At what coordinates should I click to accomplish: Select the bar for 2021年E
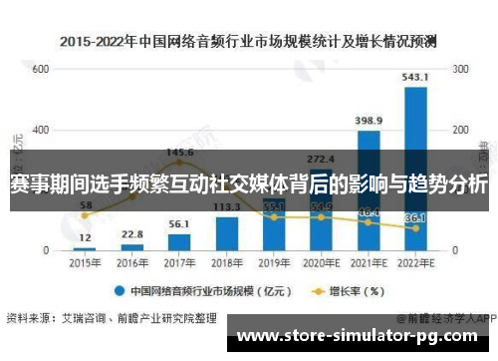(369, 189)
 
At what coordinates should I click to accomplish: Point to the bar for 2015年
(85, 247)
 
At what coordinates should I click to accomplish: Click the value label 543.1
(415, 76)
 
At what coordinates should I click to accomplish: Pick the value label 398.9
(369, 121)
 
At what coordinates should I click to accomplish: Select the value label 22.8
(132, 234)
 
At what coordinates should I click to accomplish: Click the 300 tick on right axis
(461, 70)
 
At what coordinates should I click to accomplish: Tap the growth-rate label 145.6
(179, 153)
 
